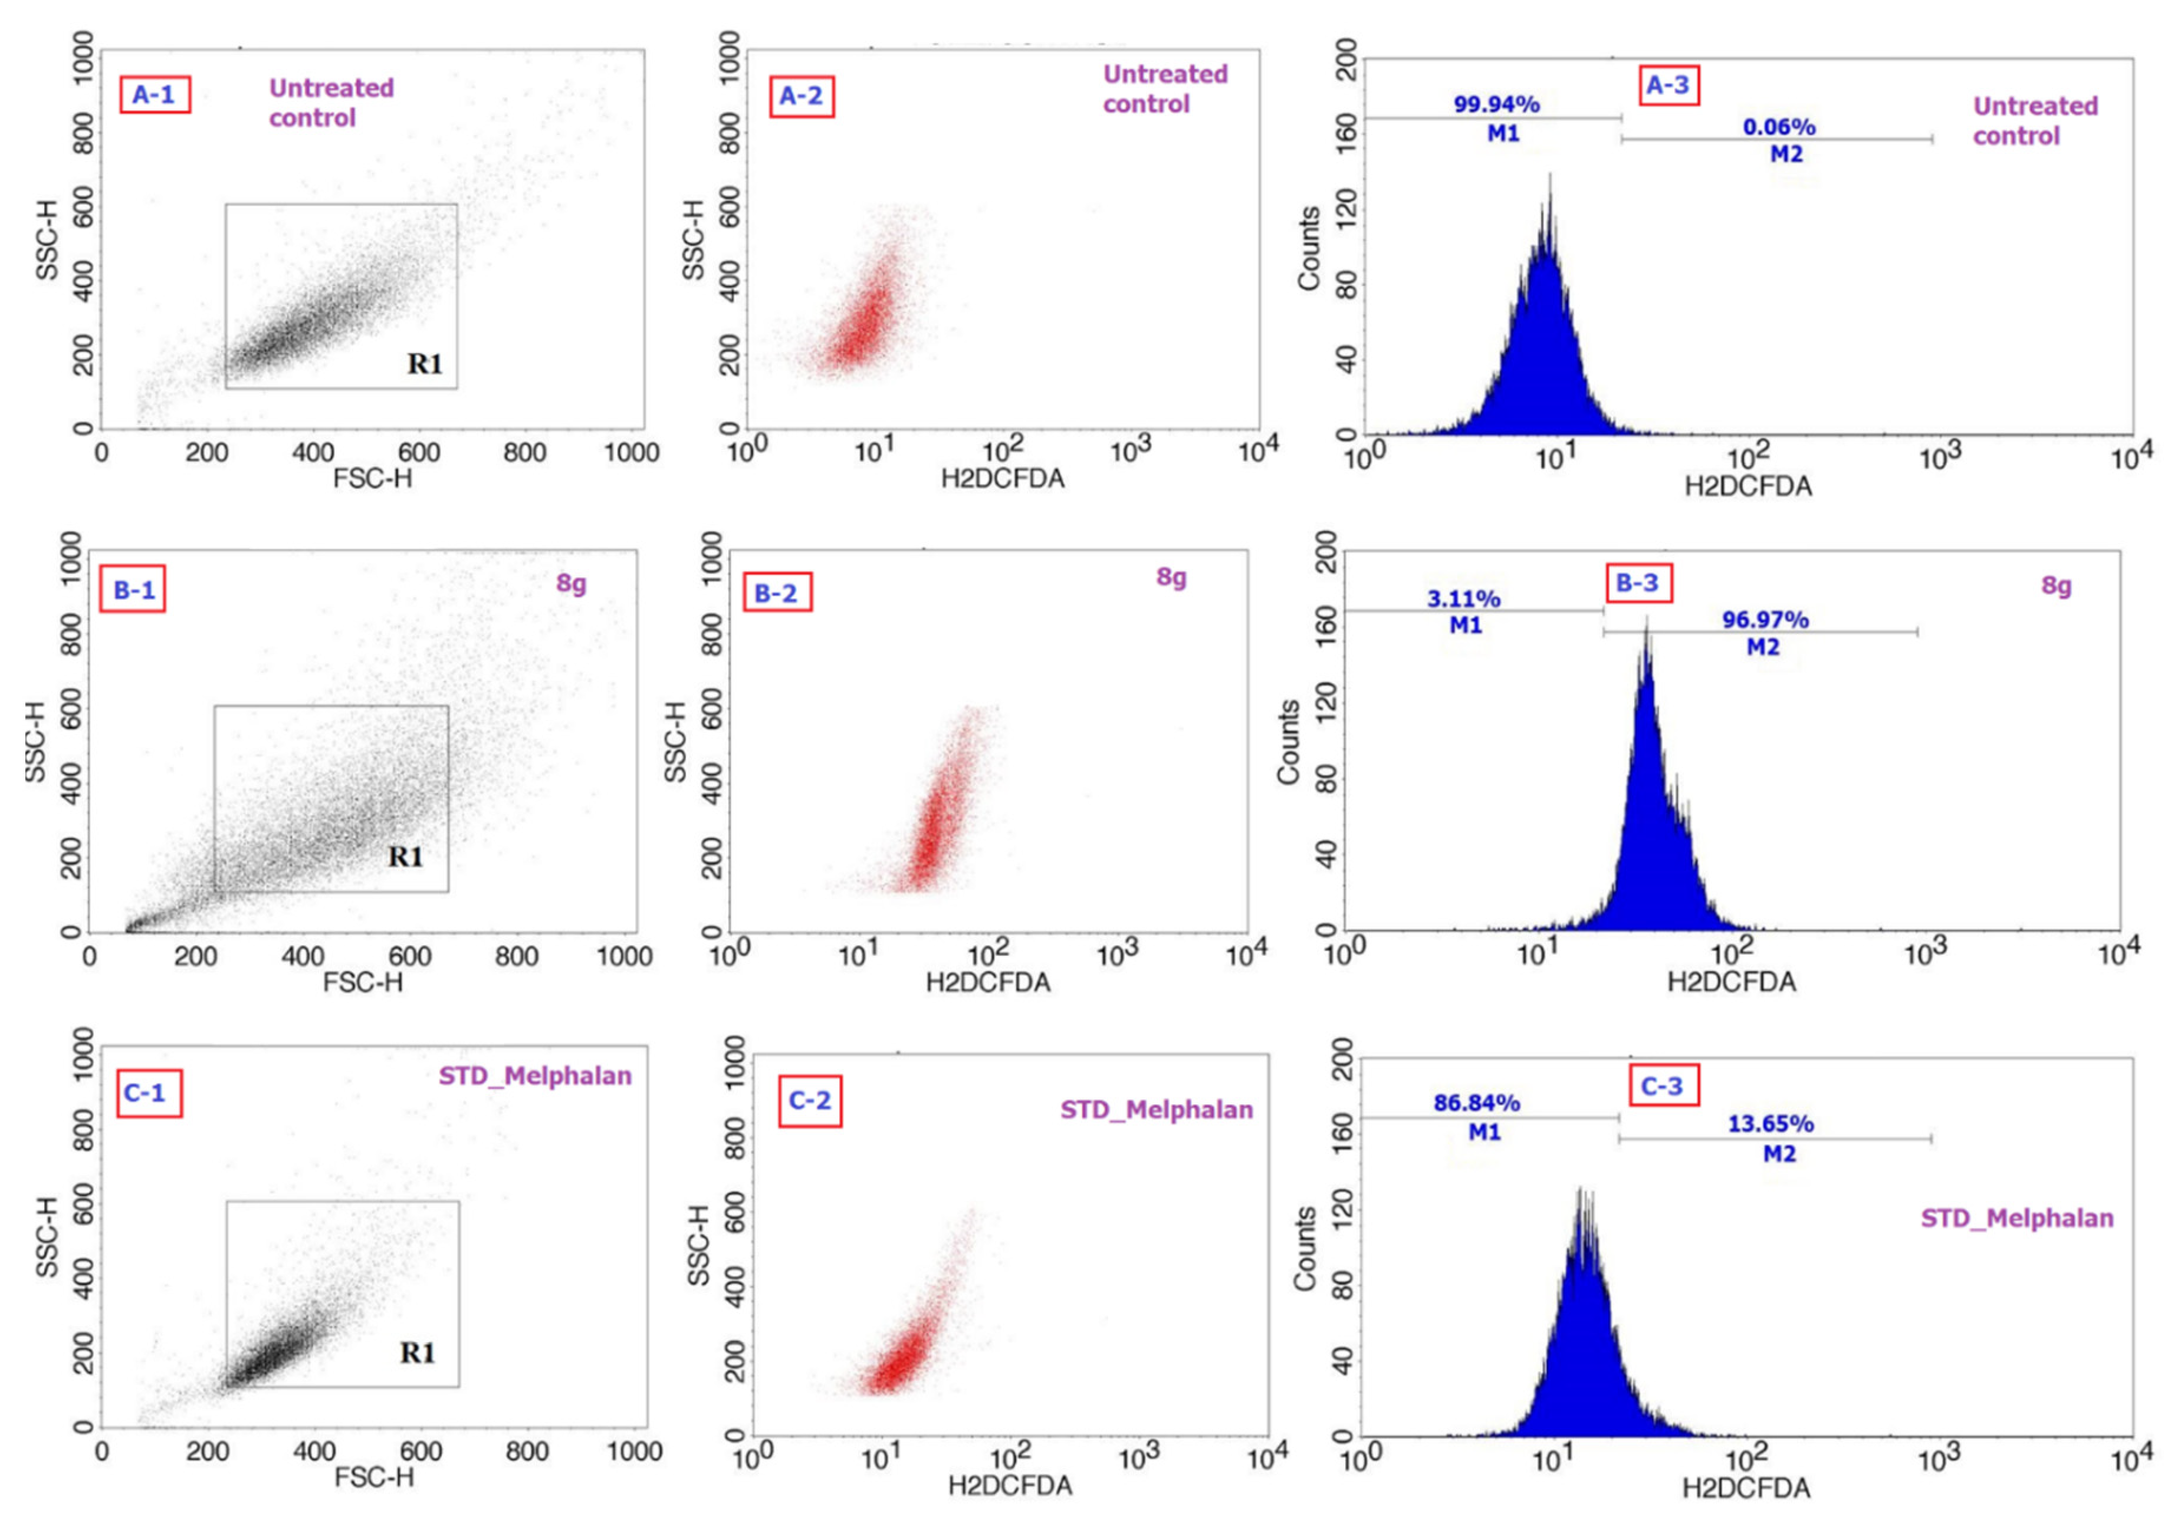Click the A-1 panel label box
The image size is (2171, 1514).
click(x=154, y=94)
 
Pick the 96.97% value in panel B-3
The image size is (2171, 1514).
click(x=1765, y=620)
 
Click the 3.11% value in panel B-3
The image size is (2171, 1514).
click(x=1463, y=598)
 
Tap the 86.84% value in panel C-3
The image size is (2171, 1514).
click(x=1476, y=1103)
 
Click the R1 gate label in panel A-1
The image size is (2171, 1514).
click(x=425, y=364)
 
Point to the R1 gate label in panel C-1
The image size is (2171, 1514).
click(x=417, y=1353)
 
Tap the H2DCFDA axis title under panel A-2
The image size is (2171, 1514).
click(x=1001, y=478)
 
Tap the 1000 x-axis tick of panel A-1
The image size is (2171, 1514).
click(x=630, y=453)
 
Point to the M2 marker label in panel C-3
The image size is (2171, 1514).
click(x=1779, y=1154)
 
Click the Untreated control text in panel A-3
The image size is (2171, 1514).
click(x=2034, y=121)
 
